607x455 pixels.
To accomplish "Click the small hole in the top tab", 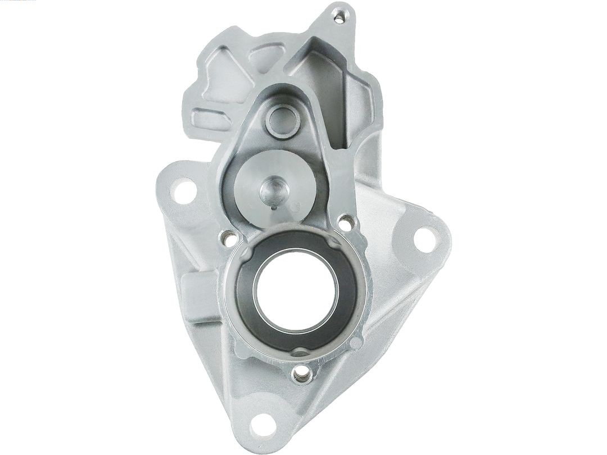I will point(339,19).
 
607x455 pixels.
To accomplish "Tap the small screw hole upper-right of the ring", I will point(346,222).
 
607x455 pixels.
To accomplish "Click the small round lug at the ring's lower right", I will point(355,342).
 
